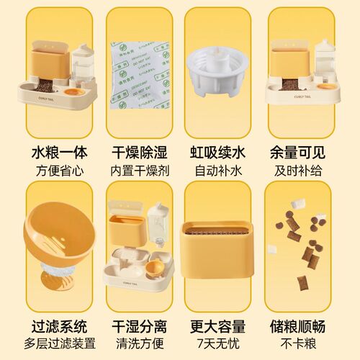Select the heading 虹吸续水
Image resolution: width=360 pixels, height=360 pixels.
tap(220, 153)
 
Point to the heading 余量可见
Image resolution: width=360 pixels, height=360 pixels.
tap(299, 153)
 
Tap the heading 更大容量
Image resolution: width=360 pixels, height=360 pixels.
tap(220, 326)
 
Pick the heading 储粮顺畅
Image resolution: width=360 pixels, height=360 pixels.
tap(299, 326)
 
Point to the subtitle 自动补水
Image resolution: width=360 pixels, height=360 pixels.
tap(220, 171)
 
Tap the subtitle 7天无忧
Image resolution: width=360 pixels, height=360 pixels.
tap(220, 344)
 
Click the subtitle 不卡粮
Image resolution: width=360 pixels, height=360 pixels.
tap(299, 344)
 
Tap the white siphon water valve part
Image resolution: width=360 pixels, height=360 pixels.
tap(220, 72)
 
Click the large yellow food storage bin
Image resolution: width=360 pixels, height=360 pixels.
tap(220, 252)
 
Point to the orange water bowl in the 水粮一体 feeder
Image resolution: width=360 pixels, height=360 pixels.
tap(72, 92)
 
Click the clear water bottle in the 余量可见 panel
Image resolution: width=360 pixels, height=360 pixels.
tap(325, 61)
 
